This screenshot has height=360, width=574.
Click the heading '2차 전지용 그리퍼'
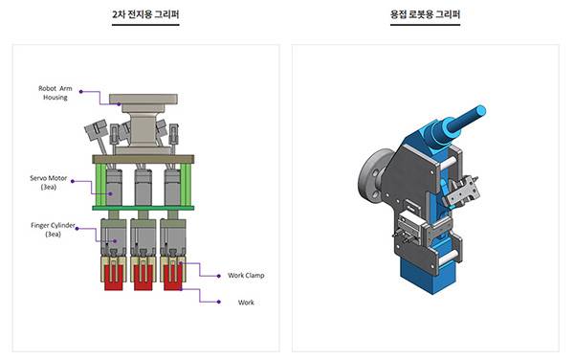(145, 14)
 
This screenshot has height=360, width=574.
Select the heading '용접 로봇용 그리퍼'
(425, 14)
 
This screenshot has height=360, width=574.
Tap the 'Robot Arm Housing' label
(55, 93)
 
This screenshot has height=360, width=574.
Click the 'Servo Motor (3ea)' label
(49, 182)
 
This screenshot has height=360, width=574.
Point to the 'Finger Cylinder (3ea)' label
(53, 230)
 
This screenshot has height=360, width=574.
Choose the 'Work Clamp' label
(246, 275)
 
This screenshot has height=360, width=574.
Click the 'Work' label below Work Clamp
(246, 303)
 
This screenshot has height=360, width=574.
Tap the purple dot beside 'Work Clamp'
(218, 276)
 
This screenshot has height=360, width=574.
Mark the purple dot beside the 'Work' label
(218, 302)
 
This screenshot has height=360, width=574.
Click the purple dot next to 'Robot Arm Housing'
(81, 92)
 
